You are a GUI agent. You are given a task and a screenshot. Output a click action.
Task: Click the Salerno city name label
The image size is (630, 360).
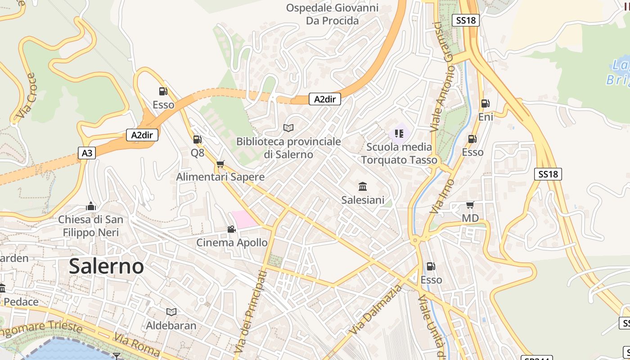click(107, 266)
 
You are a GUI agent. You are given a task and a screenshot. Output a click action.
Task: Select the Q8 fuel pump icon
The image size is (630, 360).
click(197, 139)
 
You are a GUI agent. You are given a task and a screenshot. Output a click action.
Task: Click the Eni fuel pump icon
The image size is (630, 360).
click(485, 103)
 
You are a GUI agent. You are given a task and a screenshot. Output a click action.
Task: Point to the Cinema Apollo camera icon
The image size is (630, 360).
click(231, 229)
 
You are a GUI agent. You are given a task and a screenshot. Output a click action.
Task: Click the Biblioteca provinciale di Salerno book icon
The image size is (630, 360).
click(288, 128)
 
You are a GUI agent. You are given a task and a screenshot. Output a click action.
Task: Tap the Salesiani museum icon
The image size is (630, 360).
click(362, 186)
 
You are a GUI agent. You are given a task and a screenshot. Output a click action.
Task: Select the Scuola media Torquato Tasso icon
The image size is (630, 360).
click(399, 134)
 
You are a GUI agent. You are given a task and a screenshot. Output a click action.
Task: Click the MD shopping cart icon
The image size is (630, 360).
click(470, 205)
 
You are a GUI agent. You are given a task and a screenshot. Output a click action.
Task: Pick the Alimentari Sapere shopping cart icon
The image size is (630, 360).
click(220, 164)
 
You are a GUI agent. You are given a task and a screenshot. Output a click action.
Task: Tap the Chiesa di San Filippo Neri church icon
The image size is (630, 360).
click(91, 206)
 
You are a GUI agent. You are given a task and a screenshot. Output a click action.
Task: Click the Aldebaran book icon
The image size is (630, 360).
click(171, 312)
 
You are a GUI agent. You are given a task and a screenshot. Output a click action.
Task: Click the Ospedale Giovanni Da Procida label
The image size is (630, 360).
click(332, 14)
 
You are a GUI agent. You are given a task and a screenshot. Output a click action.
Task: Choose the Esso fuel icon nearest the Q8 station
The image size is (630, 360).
click(163, 91)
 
